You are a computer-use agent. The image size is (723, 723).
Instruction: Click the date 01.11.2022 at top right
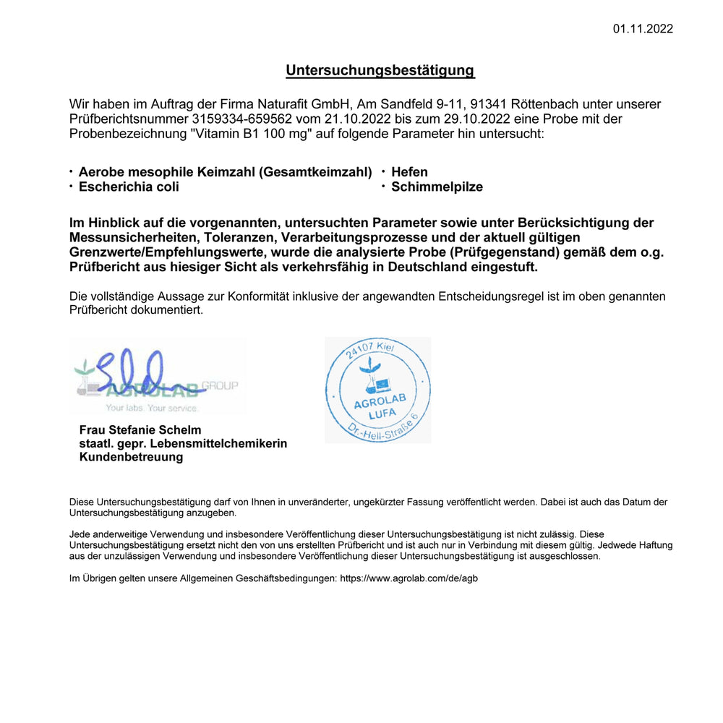(643, 29)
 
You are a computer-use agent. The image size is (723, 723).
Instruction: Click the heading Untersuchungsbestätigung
(380, 70)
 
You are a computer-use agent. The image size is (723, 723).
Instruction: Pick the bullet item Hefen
(409, 172)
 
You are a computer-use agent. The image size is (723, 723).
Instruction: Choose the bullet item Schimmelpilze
(437, 187)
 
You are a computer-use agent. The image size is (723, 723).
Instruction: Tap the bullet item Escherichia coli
(129, 187)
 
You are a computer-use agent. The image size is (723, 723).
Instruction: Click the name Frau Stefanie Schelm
(140, 430)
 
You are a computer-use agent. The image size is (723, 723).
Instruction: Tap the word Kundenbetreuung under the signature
(131, 457)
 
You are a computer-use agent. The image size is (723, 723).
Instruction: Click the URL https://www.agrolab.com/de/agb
(408, 578)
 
